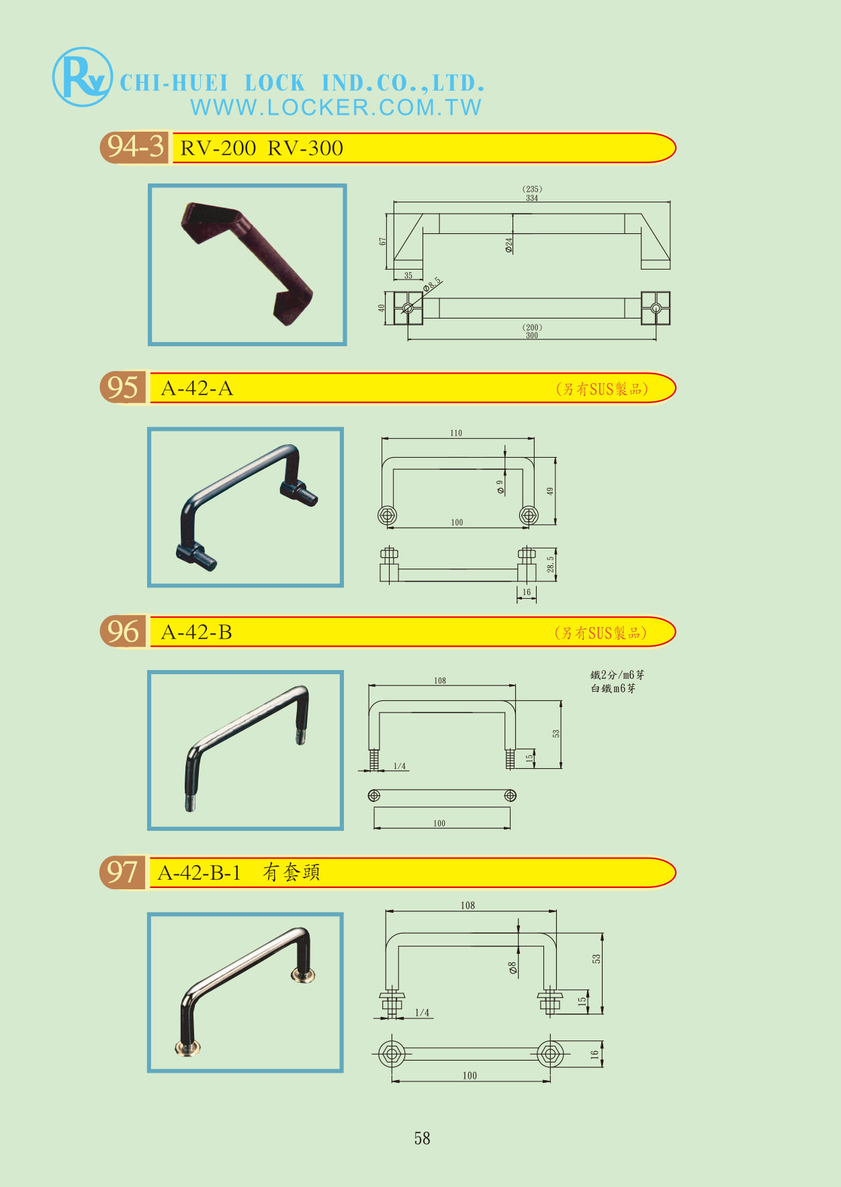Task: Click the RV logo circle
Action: point(82,77)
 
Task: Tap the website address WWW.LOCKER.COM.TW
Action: point(336,108)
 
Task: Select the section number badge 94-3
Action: point(135,147)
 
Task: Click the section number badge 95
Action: point(123,388)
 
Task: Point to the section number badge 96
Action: point(123,632)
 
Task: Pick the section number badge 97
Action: point(123,872)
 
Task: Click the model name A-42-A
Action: point(197,388)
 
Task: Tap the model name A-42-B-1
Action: point(199,873)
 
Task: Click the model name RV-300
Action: point(306,149)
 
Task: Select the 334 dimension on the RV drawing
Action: point(532,198)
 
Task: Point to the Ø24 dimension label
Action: point(508,245)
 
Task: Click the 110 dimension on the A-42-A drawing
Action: point(456,434)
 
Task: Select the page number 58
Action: point(422,1139)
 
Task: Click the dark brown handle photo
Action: point(247,264)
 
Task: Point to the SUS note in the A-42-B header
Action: point(601,633)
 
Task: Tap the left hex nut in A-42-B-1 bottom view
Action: point(391,1054)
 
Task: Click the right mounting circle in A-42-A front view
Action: point(529,516)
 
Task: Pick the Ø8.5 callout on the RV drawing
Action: point(432,285)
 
